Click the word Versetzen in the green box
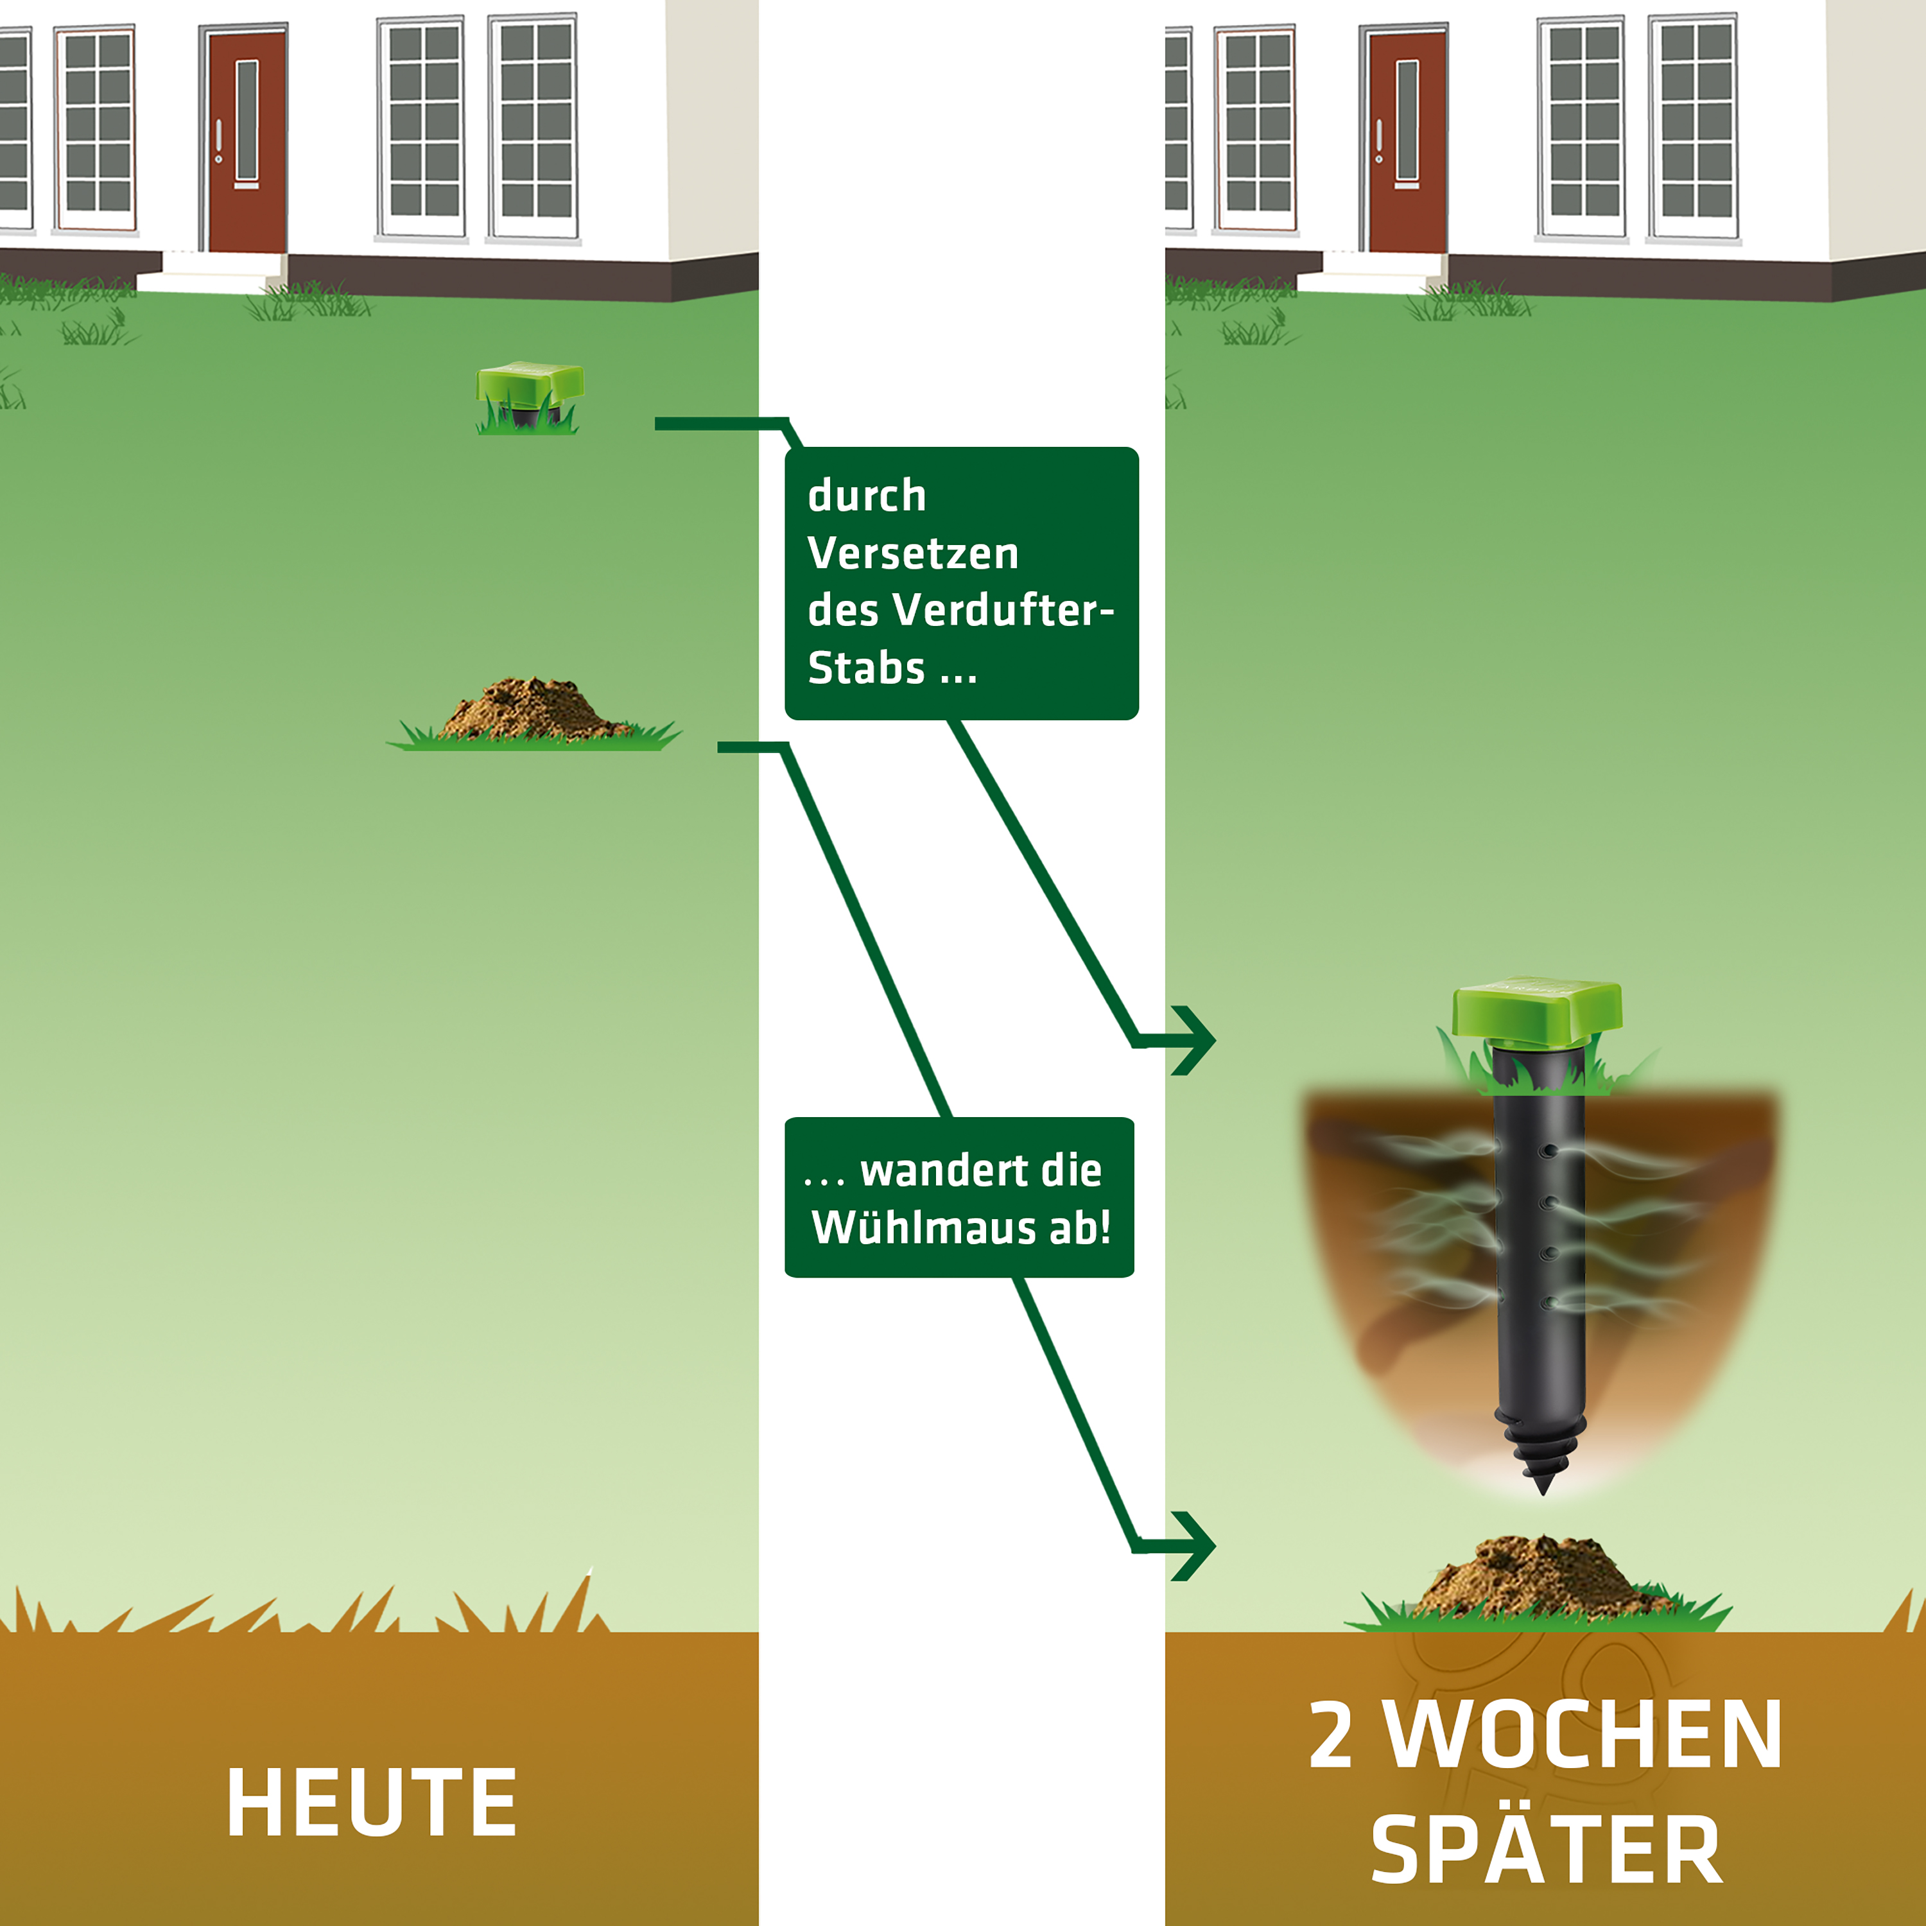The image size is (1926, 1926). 913,553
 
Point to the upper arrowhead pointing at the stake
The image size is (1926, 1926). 1195,1041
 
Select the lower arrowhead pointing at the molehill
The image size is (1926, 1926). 1195,1546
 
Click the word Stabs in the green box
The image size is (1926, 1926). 865,668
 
